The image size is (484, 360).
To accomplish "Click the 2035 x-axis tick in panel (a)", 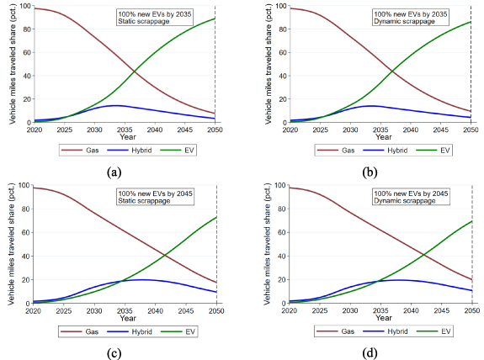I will (x=125, y=130).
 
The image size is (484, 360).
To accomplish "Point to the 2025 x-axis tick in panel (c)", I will (x=64, y=309).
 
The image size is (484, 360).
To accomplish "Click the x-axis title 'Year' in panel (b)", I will (x=380, y=136).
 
